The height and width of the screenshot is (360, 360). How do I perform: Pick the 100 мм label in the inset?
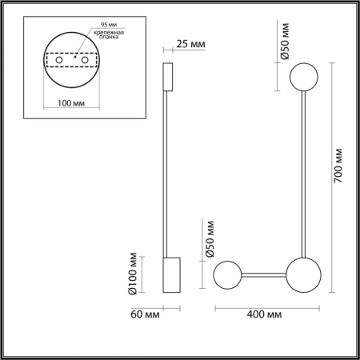72,102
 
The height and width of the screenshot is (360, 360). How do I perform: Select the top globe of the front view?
304,78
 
